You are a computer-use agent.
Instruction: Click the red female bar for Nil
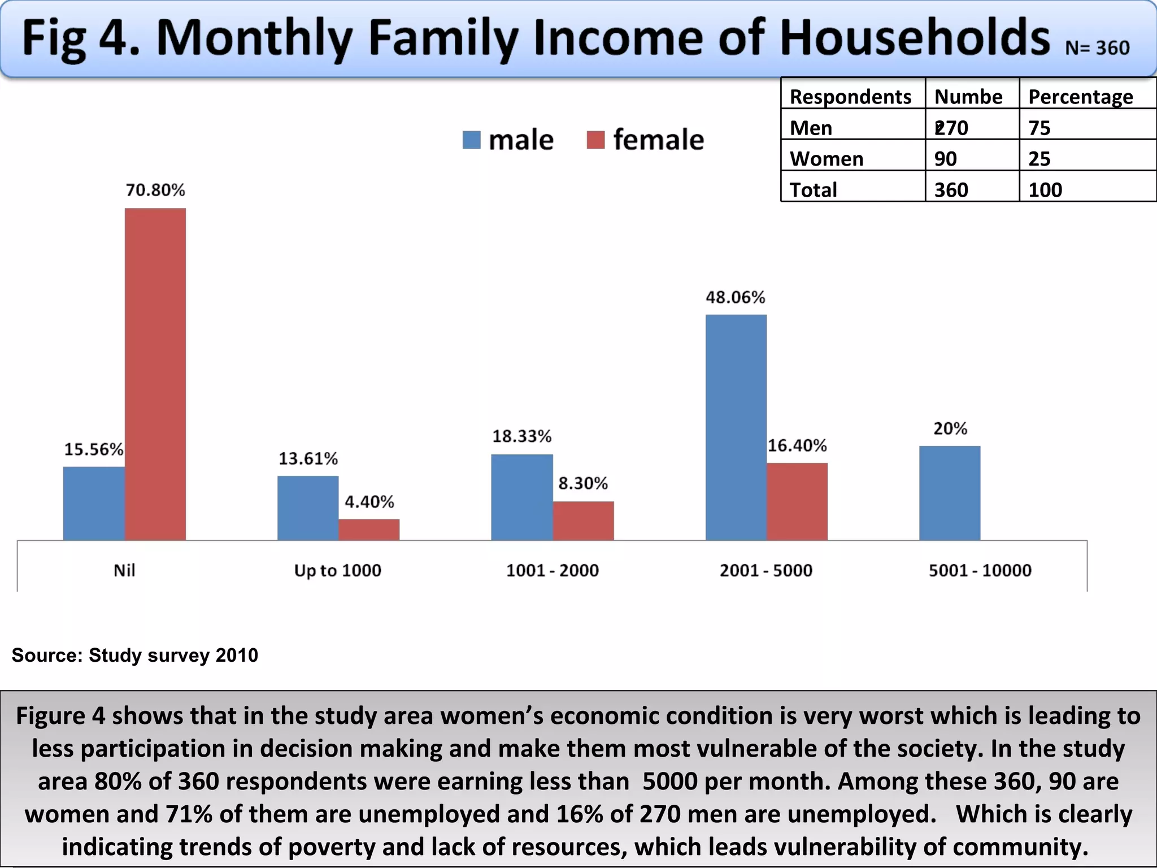155,374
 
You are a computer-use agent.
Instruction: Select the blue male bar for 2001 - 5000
736,427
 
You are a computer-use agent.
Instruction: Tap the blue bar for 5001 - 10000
949,493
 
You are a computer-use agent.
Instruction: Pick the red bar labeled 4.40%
369,530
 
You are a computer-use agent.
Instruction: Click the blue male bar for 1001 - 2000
521,497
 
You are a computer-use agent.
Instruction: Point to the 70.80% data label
155,190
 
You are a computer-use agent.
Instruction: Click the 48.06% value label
735,297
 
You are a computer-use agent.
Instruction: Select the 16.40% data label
797,446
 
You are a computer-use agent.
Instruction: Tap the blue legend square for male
471,140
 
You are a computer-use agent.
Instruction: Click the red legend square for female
595,140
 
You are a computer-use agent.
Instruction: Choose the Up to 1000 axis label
337,570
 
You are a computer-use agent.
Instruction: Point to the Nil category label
124,570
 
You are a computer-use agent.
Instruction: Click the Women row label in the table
826,159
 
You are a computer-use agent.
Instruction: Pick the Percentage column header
1080,97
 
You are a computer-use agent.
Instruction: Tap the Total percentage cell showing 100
1045,190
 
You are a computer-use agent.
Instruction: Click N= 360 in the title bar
1097,48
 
